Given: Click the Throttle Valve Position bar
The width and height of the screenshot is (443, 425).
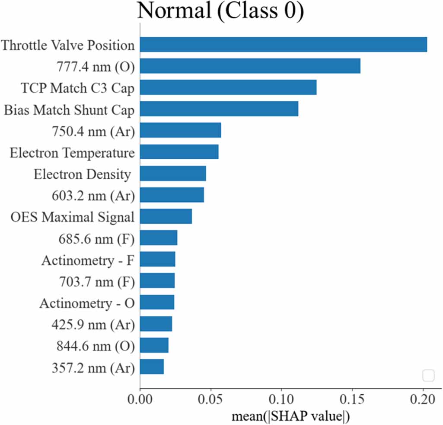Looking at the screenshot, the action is pyautogui.click(x=284, y=45).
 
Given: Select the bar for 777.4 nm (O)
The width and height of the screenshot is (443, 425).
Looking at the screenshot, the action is pyautogui.click(x=250, y=66).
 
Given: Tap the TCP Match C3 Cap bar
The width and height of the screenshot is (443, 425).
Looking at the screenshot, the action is pyautogui.click(x=228, y=87).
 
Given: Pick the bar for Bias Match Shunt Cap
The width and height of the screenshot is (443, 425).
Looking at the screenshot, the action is pyautogui.click(x=219, y=109).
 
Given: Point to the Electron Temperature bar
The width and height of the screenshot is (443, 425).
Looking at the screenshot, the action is pyautogui.click(x=179, y=152).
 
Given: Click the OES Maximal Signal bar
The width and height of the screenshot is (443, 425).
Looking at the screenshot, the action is pyautogui.click(x=166, y=216).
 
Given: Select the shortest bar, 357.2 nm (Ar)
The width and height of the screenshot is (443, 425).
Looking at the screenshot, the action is pyautogui.click(x=152, y=367).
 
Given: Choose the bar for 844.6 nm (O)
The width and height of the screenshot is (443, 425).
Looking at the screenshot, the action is pyautogui.click(x=154, y=345).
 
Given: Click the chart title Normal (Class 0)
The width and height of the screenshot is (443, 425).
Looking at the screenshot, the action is pyautogui.click(x=221, y=11).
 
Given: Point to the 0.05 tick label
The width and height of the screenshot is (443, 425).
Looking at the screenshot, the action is pyautogui.click(x=210, y=399).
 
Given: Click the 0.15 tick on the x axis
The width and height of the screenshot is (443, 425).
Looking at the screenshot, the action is pyautogui.click(x=352, y=399).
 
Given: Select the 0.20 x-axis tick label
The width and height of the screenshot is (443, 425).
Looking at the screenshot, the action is pyautogui.click(x=423, y=399).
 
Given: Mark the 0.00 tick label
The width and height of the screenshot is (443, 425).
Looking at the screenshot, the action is pyautogui.click(x=140, y=399).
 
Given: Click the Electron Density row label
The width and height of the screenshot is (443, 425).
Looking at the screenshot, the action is pyautogui.click(x=83, y=174).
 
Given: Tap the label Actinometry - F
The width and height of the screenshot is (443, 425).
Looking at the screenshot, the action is pyautogui.click(x=88, y=260).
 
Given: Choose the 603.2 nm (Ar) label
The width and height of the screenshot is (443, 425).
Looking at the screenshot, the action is pyautogui.click(x=93, y=196).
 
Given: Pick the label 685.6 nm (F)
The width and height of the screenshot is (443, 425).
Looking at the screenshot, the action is pyautogui.click(x=97, y=239).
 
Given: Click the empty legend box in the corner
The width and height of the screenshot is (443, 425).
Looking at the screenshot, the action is pyautogui.click(x=428, y=376).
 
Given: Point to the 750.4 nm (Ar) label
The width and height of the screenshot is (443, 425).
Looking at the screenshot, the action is pyautogui.click(x=93, y=131).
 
